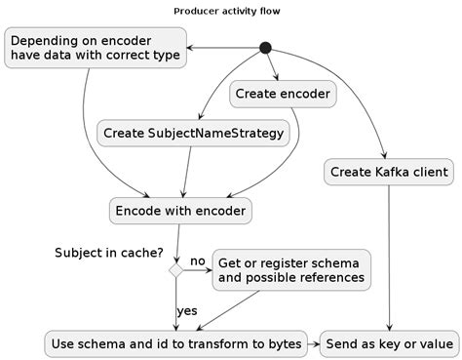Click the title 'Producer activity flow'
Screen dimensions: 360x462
(x=231, y=11)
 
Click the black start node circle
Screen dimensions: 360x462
(x=264, y=48)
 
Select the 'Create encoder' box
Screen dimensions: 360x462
(x=283, y=95)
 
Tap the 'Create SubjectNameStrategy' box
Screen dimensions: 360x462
(x=194, y=133)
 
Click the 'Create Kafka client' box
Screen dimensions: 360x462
(x=389, y=173)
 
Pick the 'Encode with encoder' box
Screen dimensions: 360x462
(x=179, y=211)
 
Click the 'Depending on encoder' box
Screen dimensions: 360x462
(x=95, y=48)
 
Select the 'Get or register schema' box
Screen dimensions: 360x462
(x=291, y=270)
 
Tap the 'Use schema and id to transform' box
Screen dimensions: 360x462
(x=175, y=343)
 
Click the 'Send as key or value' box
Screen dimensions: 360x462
(x=389, y=343)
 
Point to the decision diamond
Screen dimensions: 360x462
(x=175, y=270)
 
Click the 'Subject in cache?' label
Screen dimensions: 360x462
(x=108, y=253)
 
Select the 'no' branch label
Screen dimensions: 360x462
(x=197, y=261)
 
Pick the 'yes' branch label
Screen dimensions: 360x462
(x=187, y=310)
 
